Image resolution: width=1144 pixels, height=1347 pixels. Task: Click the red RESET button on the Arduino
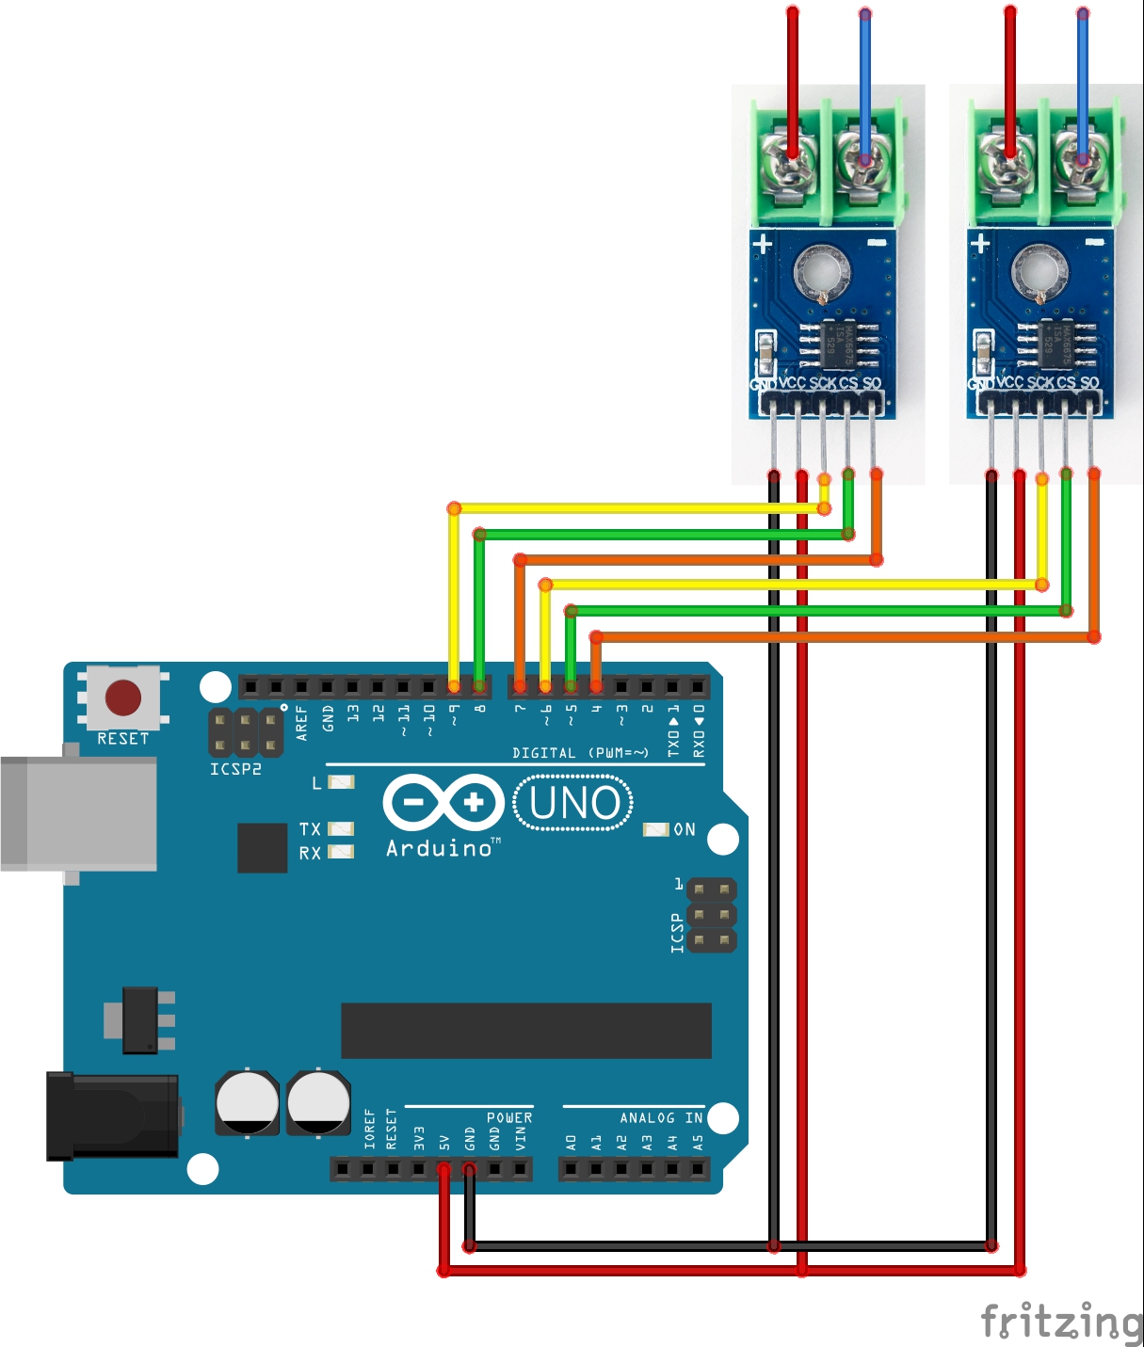click(x=123, y=698)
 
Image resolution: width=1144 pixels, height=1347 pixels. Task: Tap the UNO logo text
click(x=574, y=803)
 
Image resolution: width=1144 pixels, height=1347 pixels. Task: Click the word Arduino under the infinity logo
click(x=440, y=848)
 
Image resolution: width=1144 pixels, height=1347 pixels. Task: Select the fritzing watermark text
click(x=1061, y=1321)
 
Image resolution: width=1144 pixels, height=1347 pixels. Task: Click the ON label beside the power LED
click(x=685, y=829)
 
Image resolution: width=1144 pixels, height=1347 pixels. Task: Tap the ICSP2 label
click(x=235, y=769)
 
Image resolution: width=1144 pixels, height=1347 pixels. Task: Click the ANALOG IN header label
click(x=661, y=1117)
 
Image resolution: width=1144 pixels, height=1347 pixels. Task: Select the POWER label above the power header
click(x=509, y=1117)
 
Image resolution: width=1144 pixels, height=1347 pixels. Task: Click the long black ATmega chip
click(x=525, y=1031)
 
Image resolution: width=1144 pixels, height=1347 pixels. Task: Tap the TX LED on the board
click(x=340, y=828)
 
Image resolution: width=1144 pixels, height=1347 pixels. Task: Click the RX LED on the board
click(x=340, y=852)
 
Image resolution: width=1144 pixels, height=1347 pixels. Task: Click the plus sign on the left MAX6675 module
click(x=762, y=245)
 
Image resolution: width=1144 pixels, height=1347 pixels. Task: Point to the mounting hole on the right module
click(x=1039, y=271)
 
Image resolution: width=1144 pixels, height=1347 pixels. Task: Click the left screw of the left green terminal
click(x=791, y=160)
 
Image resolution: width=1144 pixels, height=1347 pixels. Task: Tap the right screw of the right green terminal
click(x=1080, y=160)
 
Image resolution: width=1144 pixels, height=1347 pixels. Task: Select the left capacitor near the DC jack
click(x=247, y=1101)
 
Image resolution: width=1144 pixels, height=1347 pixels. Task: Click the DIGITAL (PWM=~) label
click(x=580, y=753)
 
